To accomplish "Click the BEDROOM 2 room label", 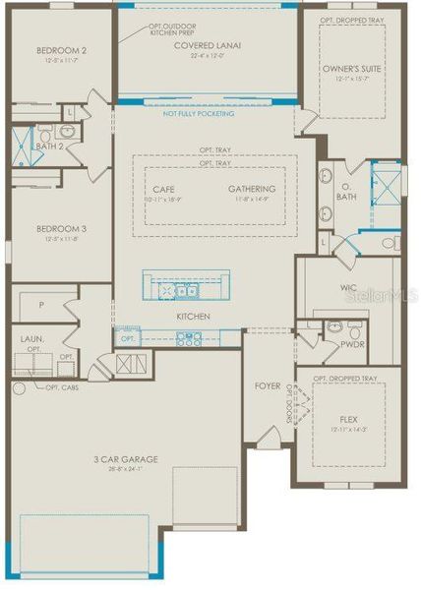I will pyautogui.click(x=62, y=50).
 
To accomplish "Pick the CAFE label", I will pyautogui.click(x=164, y=189).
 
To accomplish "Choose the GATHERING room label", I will pyautogui.click(x=252, y=189).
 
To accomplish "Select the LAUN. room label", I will pyautogui.click(x=32, y=339).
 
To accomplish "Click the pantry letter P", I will pyautogui.click(x=39, y=306).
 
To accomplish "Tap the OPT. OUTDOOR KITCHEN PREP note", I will pyautogui.click(x=150, y=31).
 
